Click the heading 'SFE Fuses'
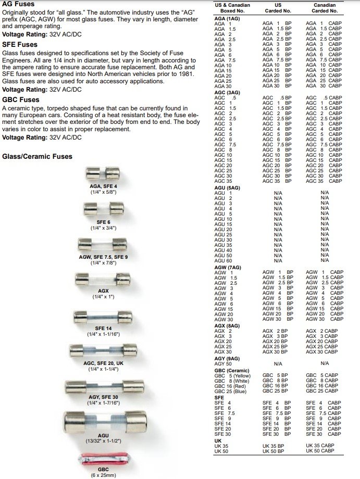pos(20,45)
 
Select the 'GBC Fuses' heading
pos(20,99)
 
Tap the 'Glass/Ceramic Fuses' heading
pos(38,156)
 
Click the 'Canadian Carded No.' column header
pos(325,8)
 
